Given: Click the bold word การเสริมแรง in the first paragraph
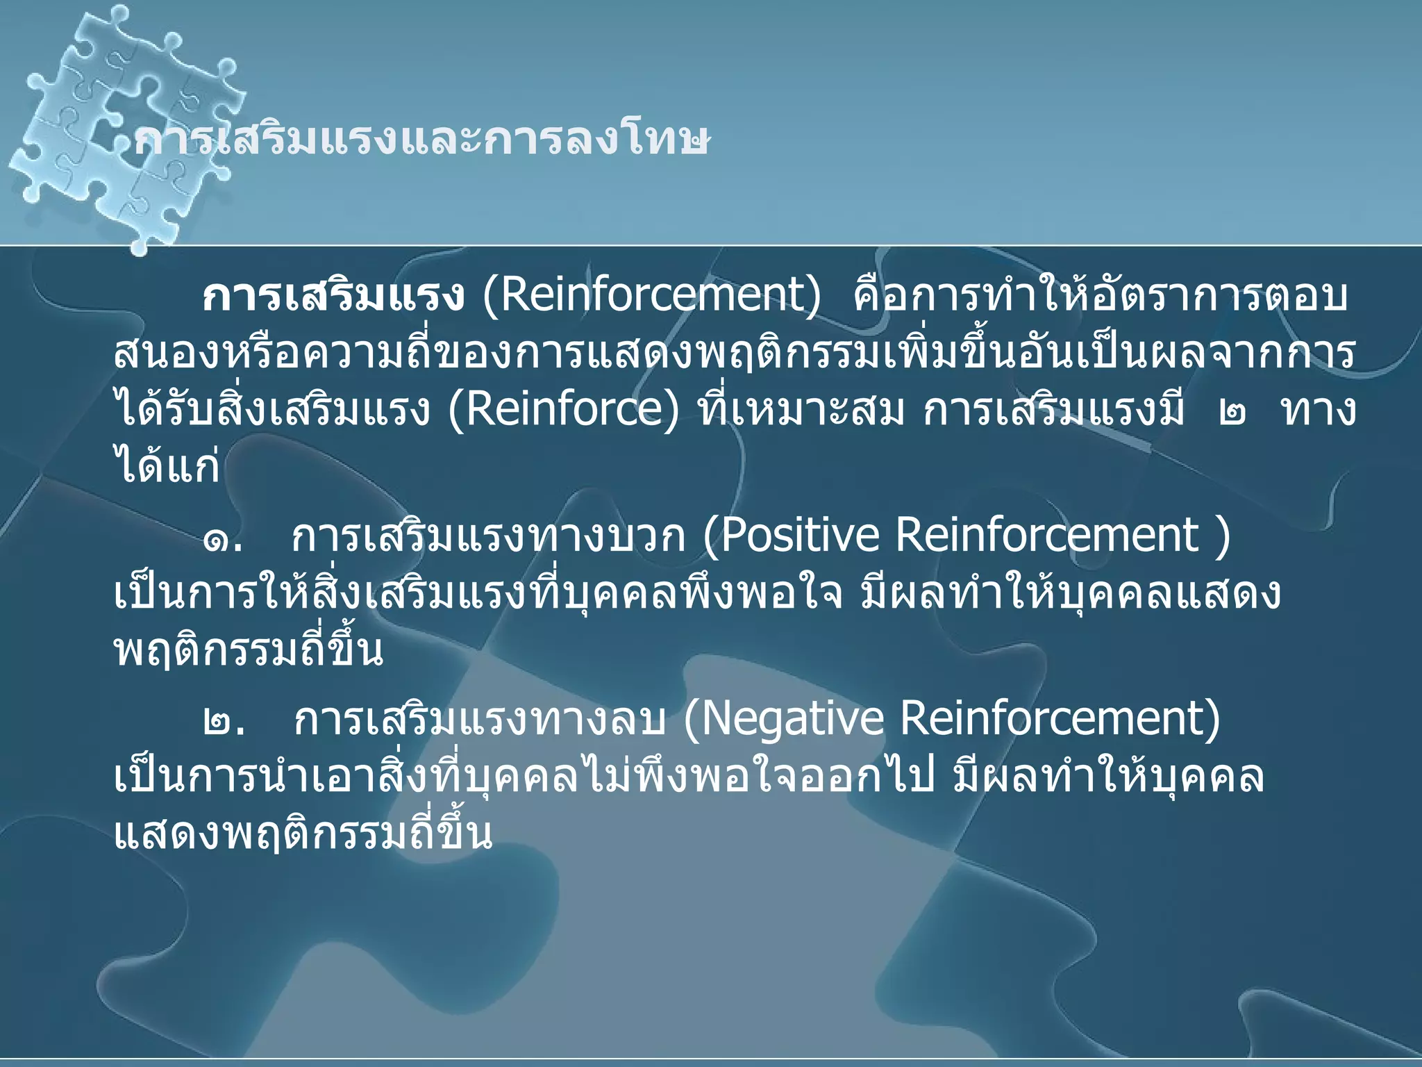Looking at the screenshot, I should (x=333, y=297).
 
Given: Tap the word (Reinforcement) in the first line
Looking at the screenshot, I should (x=652, y=296).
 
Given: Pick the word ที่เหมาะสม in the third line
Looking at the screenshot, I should (x=802, y=410).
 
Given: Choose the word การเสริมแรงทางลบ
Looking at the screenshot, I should (x=479, y=720).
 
